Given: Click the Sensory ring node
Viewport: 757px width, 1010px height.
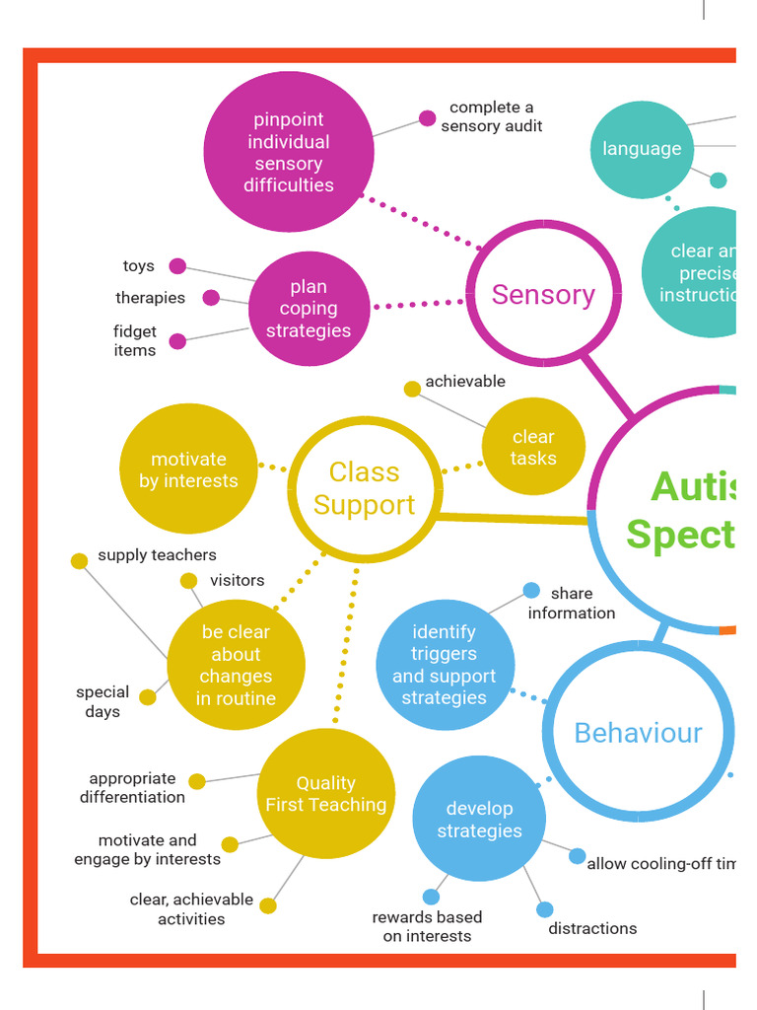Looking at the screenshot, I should tap(543, 294).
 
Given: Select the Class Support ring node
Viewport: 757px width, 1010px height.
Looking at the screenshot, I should tap(364, 488).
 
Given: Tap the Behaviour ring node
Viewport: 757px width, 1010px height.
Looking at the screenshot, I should tap(638, 733).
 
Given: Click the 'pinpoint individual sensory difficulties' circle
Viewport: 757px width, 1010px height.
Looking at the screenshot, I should tap(289, 152).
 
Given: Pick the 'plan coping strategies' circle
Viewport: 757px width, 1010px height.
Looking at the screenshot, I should tap(309, 309).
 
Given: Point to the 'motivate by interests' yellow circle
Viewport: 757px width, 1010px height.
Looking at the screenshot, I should tap(188, 469).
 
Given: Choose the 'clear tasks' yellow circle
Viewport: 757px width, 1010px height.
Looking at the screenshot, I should tap(533, 447).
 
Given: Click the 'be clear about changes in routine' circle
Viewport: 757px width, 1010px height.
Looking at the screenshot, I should tap(236, 665).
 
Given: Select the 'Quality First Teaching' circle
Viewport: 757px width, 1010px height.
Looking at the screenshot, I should tap(326, 794).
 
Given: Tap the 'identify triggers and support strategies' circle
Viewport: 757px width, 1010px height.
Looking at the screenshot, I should tap(445, 665).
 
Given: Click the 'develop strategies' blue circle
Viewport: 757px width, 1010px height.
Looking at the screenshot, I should tap(479, 819).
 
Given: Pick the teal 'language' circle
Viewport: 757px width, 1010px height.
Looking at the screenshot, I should tap(642, 149).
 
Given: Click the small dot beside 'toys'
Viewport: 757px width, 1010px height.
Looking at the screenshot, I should tap(177, 265).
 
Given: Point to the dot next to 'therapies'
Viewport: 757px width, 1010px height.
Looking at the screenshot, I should tap(211, 297).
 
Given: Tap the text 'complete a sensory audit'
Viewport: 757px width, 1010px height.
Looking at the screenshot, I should tap(491, 116).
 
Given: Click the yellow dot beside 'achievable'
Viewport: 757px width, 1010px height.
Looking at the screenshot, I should tap(412, 389).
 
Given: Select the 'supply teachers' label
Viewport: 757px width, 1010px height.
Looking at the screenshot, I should tap(157, 555).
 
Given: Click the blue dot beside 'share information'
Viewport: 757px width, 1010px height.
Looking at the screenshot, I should tap(531, 590).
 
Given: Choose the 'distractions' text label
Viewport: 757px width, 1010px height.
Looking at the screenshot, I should tap(592, 928).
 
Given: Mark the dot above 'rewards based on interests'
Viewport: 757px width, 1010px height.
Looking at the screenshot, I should tap(431, 897).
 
